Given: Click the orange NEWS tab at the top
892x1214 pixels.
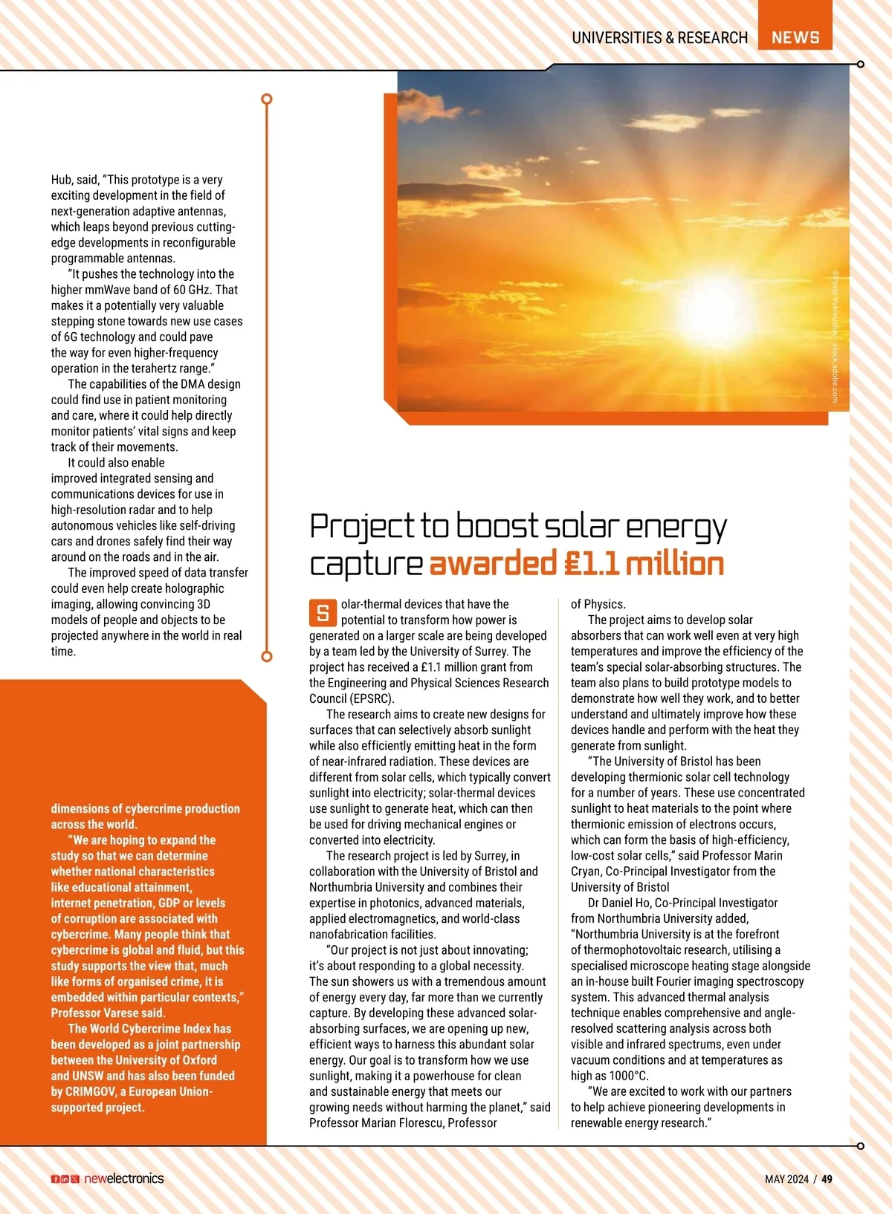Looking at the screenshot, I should click(795, 37).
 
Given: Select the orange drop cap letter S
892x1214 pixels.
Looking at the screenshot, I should click(323, 613).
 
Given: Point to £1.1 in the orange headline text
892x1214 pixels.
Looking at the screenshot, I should click(591, 564).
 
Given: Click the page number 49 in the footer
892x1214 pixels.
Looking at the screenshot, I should click(827, 1179).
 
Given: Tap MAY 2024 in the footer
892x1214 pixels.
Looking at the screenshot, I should click(786, 1179).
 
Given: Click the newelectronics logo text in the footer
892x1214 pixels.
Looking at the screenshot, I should click(123, 1178).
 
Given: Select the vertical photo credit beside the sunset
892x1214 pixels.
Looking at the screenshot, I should click(836, 336).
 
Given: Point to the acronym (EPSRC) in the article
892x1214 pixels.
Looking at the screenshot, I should click(372, 698).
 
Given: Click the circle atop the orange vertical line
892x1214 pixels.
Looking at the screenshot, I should click(267, 99).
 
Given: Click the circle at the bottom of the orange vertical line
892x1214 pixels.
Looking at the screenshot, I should click(267, 656).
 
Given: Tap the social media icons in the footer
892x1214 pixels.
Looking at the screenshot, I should click(65, 1179).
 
